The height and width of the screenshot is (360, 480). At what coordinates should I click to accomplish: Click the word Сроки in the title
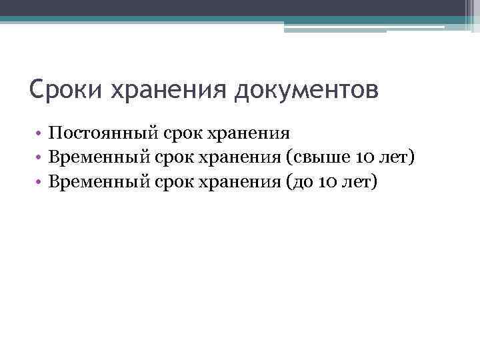pyautogui.click(x=61, y=89)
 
